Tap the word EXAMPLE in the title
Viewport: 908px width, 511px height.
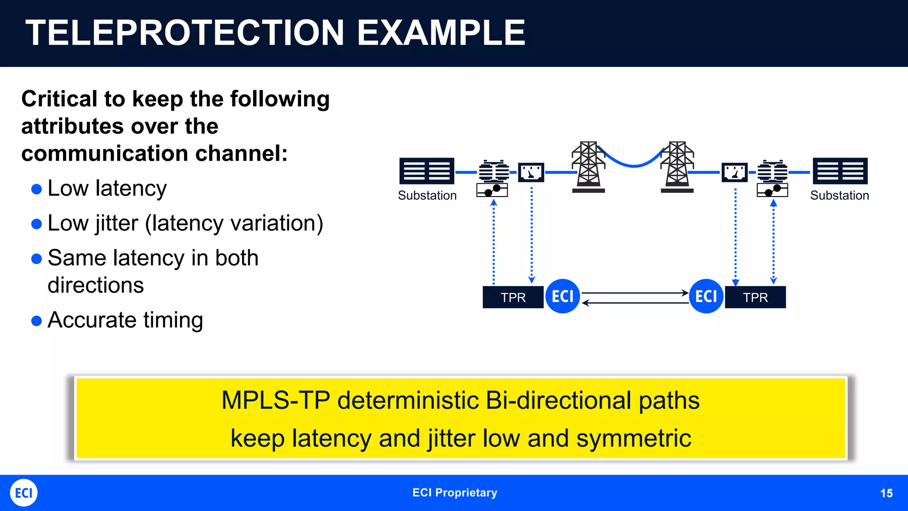pyautogui.click(x=441, y=33)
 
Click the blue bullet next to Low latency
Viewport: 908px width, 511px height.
pyautogui.click(x=37, y=189)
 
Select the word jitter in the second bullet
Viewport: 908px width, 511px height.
pyautogui.click(x=115, y=223)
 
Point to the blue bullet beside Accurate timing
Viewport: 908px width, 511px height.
pyautogui.click(x=37, y=321)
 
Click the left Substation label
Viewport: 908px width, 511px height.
pyautogui.click(x=427, y=196)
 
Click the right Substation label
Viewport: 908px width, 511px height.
pyautogui.click(x=839, y=196)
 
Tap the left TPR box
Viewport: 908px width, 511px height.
pyautogui.click(x=513, y=297)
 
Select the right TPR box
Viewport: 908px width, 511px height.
pyautogui.click(x=755, y=297)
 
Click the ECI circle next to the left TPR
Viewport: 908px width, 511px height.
pyautogui.click(x=563, y=296)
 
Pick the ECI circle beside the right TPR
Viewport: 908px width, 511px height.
pyautogui.click(x=706, y=296)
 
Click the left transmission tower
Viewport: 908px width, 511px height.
pyautogui.click(x=588, y=167)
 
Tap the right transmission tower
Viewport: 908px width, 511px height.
pyautogui.click(x=677, y=167)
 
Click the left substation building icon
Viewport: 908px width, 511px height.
pyautogui.click(x=427, y=171)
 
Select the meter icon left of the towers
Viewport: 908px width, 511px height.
pyautogui.click(x=531, y=172)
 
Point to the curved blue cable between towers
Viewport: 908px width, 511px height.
pyautogui.click(x=634, y=165)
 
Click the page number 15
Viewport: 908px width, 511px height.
pyautogui.click(x=886, y=493)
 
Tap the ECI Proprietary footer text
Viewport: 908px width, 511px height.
pyautogui.click(x=454, y=493)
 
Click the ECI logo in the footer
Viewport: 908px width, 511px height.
pyautogui.click(x=23, y=493)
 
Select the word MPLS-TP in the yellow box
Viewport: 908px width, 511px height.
pyautogui.click(x=275, y=401)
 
